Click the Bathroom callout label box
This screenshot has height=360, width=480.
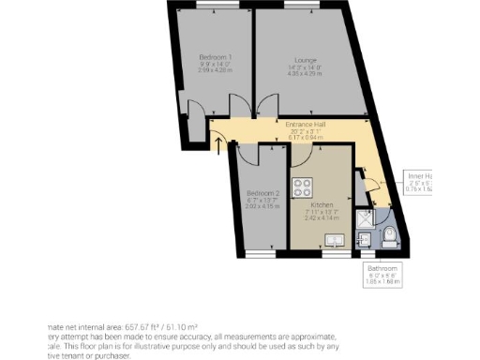click(x=382, y=273)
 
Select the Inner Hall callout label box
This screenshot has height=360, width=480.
click(x=419, y=182)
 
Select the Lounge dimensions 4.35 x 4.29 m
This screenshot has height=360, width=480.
click(x=304, y=71)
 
